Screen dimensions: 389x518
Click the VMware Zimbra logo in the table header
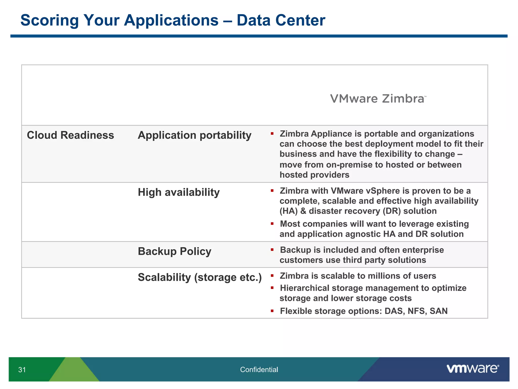pyautogui.click(x=378, y=99)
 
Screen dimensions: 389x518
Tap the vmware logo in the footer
pyautogui.click(x=472, y=369)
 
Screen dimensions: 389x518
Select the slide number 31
pyautogui.click(x=22, y=370)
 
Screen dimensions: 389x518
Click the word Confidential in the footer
pyautogui.click(x=259, y=370)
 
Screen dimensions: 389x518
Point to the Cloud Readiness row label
pyautogui.click(x=70, y=135)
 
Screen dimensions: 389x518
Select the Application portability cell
pyautogui.click(x=194, y=135)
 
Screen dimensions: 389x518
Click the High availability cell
pyautogui.click(x=179, y=192)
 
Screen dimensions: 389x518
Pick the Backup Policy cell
pyautogui.click(x=174, y=251)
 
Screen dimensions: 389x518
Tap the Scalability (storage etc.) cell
pyautogui.click(x=200, y=277)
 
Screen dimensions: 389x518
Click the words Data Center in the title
pyautogui.click(x=281, y=20)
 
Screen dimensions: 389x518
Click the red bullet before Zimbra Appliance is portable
pyautogui.click(x=272, y=133)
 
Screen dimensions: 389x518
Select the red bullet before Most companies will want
pyautogui.click(x=272, y=224)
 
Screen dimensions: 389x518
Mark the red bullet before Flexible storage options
pyautogui.click(x=272, y=311)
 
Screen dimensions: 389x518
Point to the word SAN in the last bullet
pyautogui.click(x=439, y=311)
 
